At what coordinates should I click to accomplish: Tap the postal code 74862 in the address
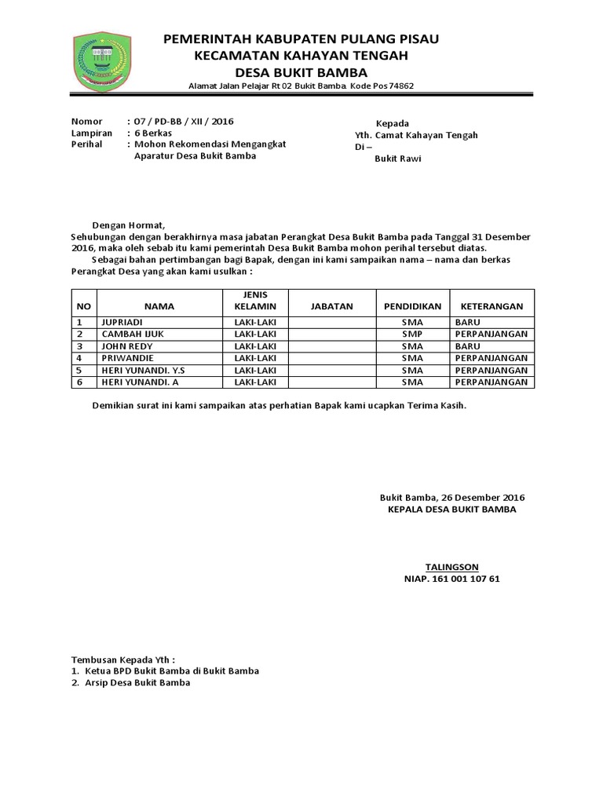click(x=398, y=86)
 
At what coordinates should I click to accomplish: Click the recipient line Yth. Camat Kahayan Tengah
click(x=416, y=135)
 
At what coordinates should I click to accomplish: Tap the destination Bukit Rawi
click(x=397, y=159)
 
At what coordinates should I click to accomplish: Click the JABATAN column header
click(x=332, y=306)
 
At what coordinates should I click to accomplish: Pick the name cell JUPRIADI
click(x=123, y=322)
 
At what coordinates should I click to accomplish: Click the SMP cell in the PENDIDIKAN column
click(x=412, y=334)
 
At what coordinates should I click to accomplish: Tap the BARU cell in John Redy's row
click(x=467, y=345)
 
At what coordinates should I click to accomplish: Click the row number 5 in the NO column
click(x=80, y=370)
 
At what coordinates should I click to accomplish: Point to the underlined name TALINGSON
click(x=451, y=566)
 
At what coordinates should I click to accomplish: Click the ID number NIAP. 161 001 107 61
click(x=451, y=579)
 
